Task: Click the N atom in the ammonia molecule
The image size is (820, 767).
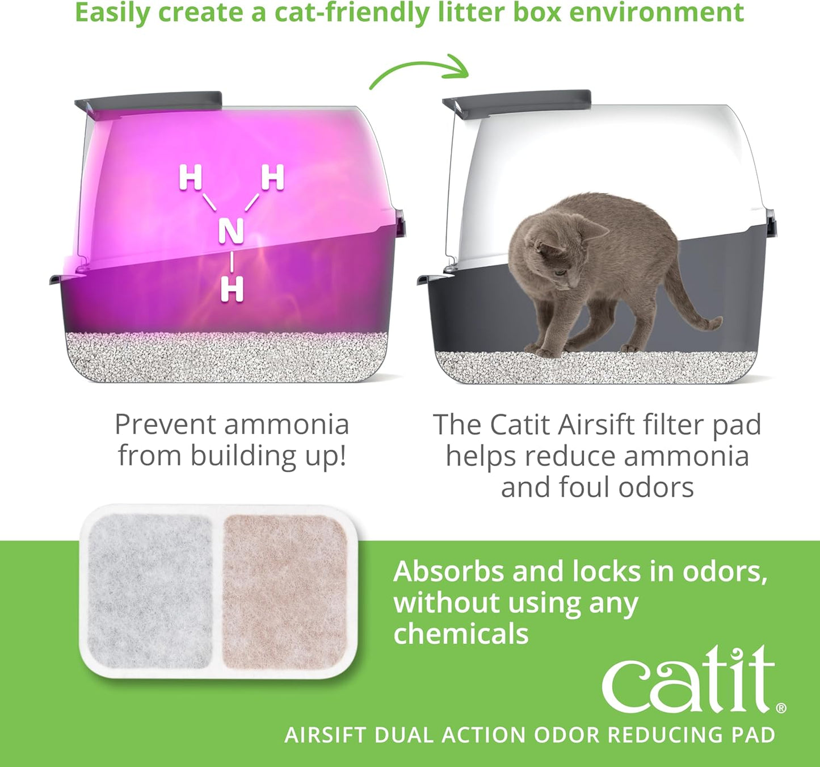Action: coord(231,230)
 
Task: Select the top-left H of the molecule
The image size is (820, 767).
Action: coord(190,177)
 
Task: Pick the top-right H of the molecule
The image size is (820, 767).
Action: coord(272,177)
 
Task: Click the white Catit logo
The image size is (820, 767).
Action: coord(688,681)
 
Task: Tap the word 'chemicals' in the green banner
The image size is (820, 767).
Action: coord(461,634)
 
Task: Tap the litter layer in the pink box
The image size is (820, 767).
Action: coord(227,356)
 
